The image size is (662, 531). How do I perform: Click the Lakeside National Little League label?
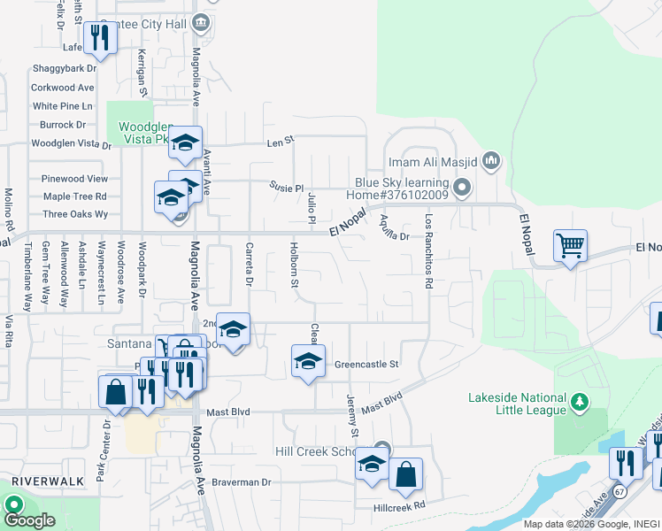517,404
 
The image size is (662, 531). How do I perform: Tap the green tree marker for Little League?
580,403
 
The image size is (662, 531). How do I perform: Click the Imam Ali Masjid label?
434,162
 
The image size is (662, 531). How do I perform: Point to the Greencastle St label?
367,364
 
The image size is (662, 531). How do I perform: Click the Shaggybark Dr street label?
64,68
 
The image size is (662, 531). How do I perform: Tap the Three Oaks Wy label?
75,214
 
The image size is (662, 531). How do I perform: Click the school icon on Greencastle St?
307,360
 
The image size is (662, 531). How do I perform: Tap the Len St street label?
280,142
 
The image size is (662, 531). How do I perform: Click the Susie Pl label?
287,188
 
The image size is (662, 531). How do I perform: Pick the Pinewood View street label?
74,179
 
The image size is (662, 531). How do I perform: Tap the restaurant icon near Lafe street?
100,37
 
